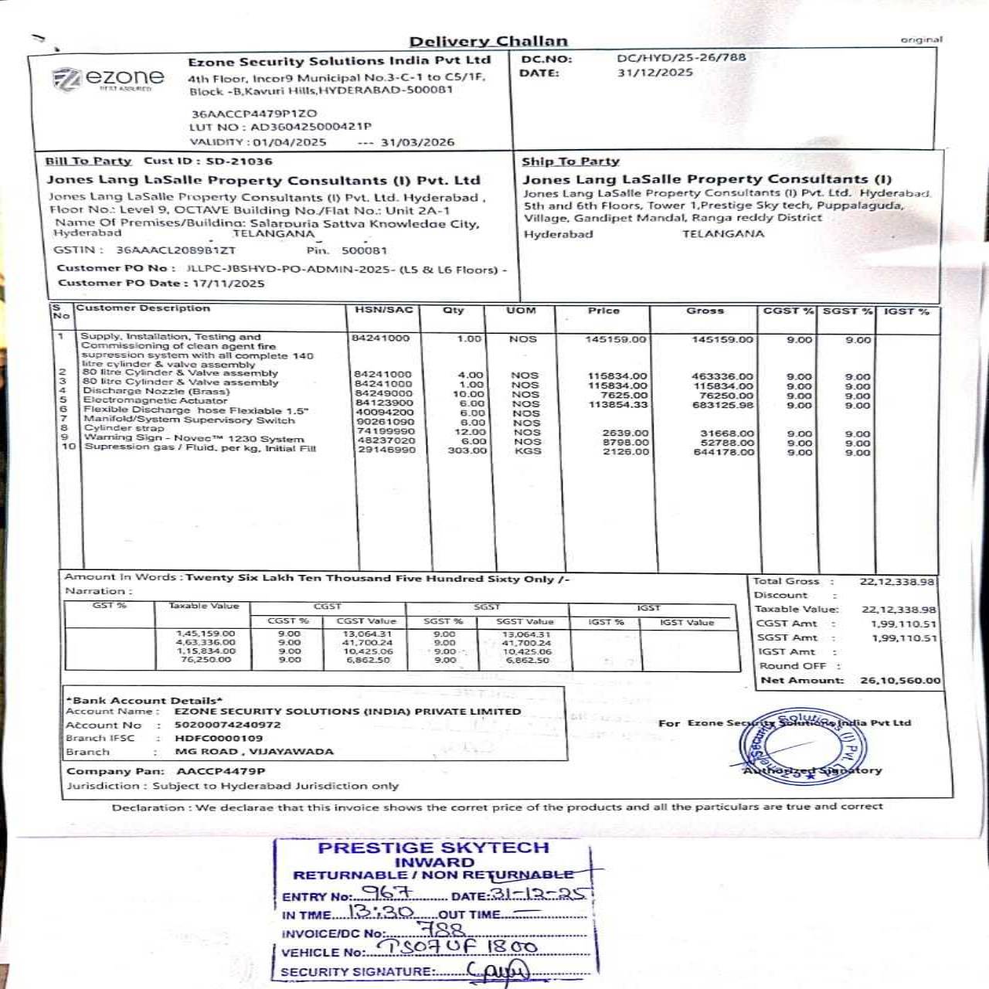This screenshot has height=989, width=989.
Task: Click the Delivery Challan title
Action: pos(488,42)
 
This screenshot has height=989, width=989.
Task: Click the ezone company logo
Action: pos(108,79)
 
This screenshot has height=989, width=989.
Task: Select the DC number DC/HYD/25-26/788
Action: pos(681,57)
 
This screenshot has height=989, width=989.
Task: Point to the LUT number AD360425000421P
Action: pos(310,127)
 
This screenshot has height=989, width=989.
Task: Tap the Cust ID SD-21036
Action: pos(239,161)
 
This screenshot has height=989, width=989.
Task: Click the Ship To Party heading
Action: pos(570,161)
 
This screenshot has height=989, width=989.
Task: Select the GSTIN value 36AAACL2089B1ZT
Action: pos(175,250)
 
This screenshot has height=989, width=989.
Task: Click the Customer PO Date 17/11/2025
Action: pos(228,284)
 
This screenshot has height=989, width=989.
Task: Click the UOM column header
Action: pos(520,311)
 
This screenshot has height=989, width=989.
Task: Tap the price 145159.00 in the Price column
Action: pos(616,340)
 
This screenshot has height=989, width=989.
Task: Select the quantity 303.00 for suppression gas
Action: pos(467,450)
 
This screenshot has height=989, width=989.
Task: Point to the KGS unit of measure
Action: pos(527,450)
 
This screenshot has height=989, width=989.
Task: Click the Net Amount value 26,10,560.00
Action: pos(900,681)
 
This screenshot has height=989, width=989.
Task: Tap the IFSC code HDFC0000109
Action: pos(218,738)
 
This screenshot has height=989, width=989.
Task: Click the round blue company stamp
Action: pos(804,746)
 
